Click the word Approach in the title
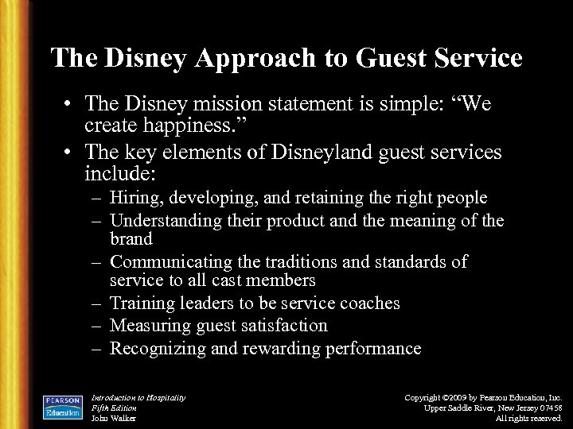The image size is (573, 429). click(x=262, y=58)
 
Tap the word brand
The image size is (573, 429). click(x=131, y=238)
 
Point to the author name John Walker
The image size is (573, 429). click(x=114, y=417)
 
